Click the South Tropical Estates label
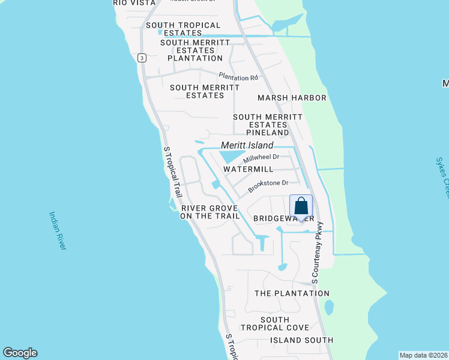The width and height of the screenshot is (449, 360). click(x=182, y=29)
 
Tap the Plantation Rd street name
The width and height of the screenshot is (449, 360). click(x=238, y=77)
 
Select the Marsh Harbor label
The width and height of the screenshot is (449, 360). click(x=292, y=98)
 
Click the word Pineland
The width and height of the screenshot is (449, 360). click(x=267, y=132)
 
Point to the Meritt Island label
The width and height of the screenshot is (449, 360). click(x=247, y=145)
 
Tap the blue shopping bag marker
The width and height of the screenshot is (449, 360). click(x=301, y=207)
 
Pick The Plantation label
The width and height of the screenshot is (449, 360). click(x=292, y=293)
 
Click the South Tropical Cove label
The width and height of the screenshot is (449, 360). click(x=275, y=324)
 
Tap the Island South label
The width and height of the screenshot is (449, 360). click(x=301, y=340)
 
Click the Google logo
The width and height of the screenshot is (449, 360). click(x=20, y=353)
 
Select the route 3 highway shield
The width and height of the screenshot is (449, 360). click(x=141, y=58)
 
